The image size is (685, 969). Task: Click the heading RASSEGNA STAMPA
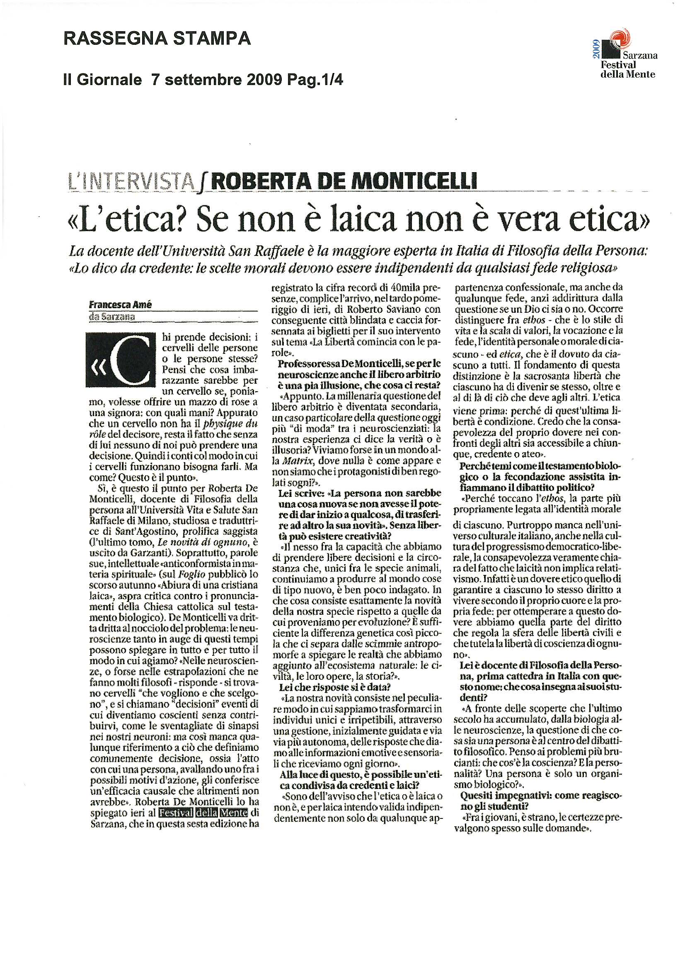coord(157,39)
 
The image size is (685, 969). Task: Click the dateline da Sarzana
coord(112,316)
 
